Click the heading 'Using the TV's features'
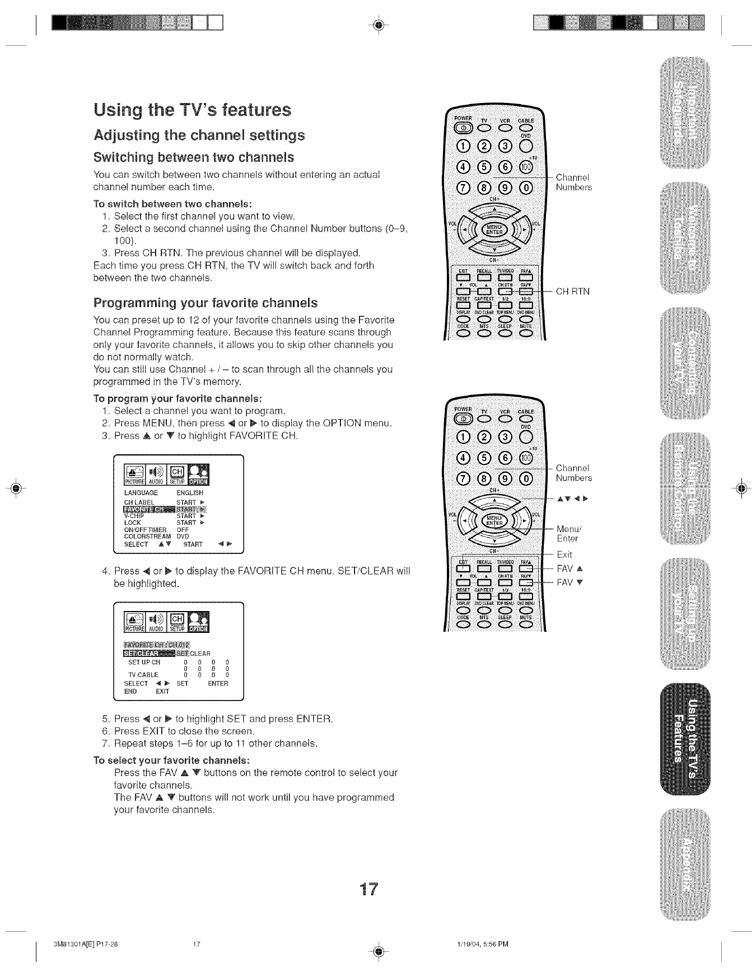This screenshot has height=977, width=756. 192,110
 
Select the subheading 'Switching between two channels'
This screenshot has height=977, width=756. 194,157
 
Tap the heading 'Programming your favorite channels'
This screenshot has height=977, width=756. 205,303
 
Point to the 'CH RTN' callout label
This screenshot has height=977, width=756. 572,292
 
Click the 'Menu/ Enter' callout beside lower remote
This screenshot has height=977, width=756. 569,533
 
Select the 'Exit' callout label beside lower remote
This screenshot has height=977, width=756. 564,555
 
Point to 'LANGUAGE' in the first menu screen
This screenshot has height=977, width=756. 141,493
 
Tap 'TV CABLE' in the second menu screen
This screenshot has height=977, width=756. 143,675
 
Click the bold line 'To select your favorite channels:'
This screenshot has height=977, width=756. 171,760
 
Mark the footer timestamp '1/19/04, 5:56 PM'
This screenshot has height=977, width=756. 482,944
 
